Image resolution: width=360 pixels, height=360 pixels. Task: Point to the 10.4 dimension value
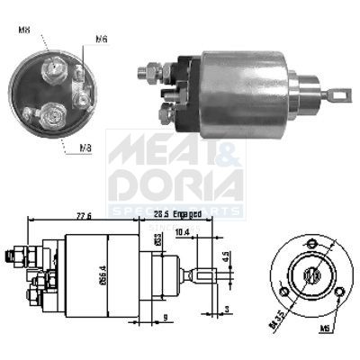182,231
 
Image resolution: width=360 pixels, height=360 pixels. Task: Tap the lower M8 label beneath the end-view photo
85,148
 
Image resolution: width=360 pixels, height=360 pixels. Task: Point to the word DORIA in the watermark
175,184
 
